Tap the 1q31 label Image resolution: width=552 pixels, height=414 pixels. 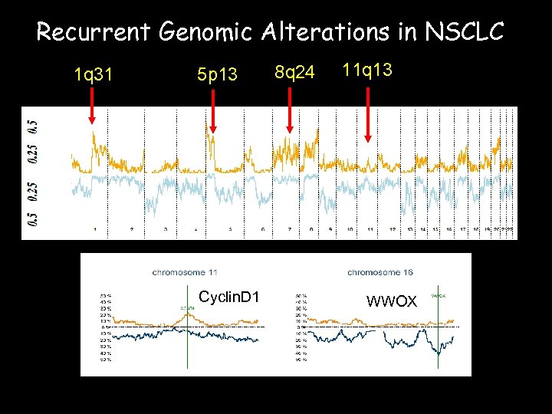pos(93,74)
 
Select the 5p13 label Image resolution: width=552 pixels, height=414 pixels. pos(218,74)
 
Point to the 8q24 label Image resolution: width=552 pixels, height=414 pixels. pos(294,73)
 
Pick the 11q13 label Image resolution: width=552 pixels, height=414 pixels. pos(367,71)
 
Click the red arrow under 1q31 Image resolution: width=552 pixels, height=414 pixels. pos(92,106)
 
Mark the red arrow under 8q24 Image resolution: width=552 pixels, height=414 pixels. pos(289,111)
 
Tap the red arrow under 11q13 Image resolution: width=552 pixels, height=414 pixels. pos(368,115)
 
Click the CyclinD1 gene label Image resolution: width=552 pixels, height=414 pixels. pos(228,297)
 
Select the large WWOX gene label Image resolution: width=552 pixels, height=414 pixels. pos(392,301)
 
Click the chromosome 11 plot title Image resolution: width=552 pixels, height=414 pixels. pos(185,272)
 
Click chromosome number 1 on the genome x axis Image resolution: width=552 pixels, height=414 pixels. pos(94,229)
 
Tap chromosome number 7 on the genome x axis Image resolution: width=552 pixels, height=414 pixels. pos(289,229)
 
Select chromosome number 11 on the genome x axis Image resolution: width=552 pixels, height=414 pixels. pos(370,229)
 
